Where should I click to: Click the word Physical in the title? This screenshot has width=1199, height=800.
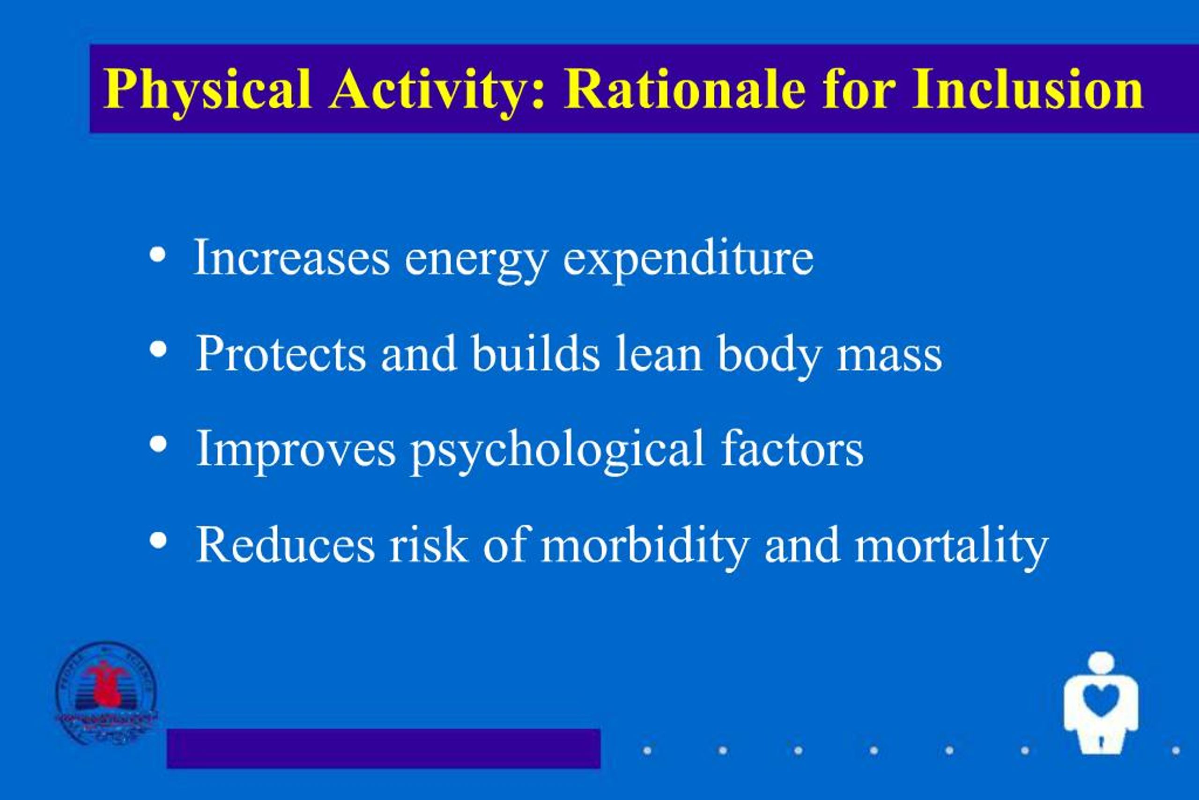207,90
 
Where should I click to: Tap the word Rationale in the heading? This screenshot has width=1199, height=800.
684,90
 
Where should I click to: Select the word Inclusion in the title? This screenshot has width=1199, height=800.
1028,90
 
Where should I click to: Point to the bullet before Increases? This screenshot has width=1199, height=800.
158,256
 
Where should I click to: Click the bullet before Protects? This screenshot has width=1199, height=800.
159,350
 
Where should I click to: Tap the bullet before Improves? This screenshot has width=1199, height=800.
159,444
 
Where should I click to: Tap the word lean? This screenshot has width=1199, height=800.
658,354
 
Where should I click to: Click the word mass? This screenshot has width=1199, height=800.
889,355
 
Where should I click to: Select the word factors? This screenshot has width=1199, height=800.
792,449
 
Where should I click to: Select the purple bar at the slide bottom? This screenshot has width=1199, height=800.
383,748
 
